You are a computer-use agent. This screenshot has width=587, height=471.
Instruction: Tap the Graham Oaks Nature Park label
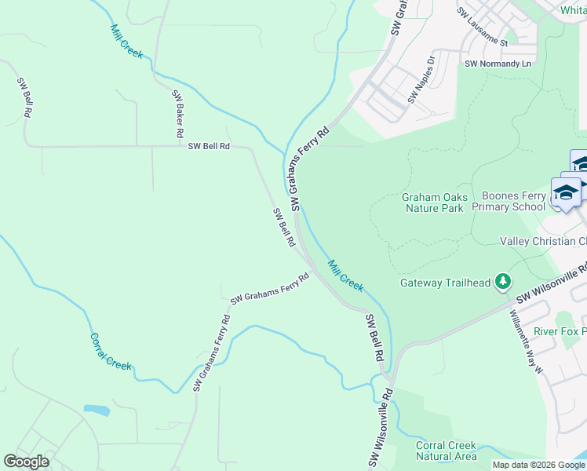(434, 203)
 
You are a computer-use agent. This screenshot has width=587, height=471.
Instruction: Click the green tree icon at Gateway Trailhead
(503, 283)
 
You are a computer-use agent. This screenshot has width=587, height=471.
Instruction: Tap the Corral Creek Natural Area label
(446, 451)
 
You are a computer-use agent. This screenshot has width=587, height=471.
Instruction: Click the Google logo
(26, 462)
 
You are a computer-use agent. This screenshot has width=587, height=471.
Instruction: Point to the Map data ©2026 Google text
(538, 465)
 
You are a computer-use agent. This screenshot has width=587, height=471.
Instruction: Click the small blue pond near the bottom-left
(96, 410)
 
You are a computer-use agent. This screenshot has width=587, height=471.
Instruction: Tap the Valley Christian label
(542, 242)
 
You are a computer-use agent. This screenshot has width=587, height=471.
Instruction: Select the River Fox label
(560, 332)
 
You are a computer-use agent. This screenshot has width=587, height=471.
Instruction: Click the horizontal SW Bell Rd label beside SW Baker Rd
(209, 146)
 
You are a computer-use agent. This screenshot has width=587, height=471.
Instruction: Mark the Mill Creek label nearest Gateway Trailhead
(345, 276)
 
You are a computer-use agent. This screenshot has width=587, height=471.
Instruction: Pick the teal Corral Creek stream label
(111, 352)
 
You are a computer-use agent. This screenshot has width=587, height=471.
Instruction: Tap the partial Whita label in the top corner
(573, 10)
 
